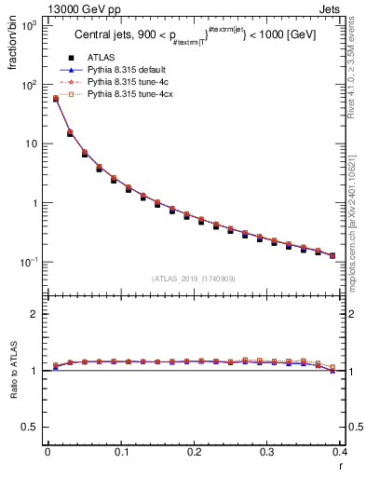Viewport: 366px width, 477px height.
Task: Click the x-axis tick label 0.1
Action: pyautogui.click(x=121, y=452)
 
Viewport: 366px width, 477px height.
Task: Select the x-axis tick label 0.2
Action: pyautogui.click(x=194, y=452)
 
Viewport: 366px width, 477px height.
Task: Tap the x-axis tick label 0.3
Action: pyautogui.click(x=267, y=452)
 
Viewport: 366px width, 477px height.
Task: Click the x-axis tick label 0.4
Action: pyautogui.click(x=341, y=452)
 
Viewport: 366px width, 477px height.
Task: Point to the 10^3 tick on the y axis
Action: pyautogui.click(x=28, y=26)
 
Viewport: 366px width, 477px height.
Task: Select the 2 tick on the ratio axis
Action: pyautogui.click(x=34, y=314)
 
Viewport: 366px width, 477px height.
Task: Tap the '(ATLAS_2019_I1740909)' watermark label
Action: pyautogui.click(x=194, y=279)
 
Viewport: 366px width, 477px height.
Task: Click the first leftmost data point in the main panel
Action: pyautogui.click(x=55, y=99)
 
